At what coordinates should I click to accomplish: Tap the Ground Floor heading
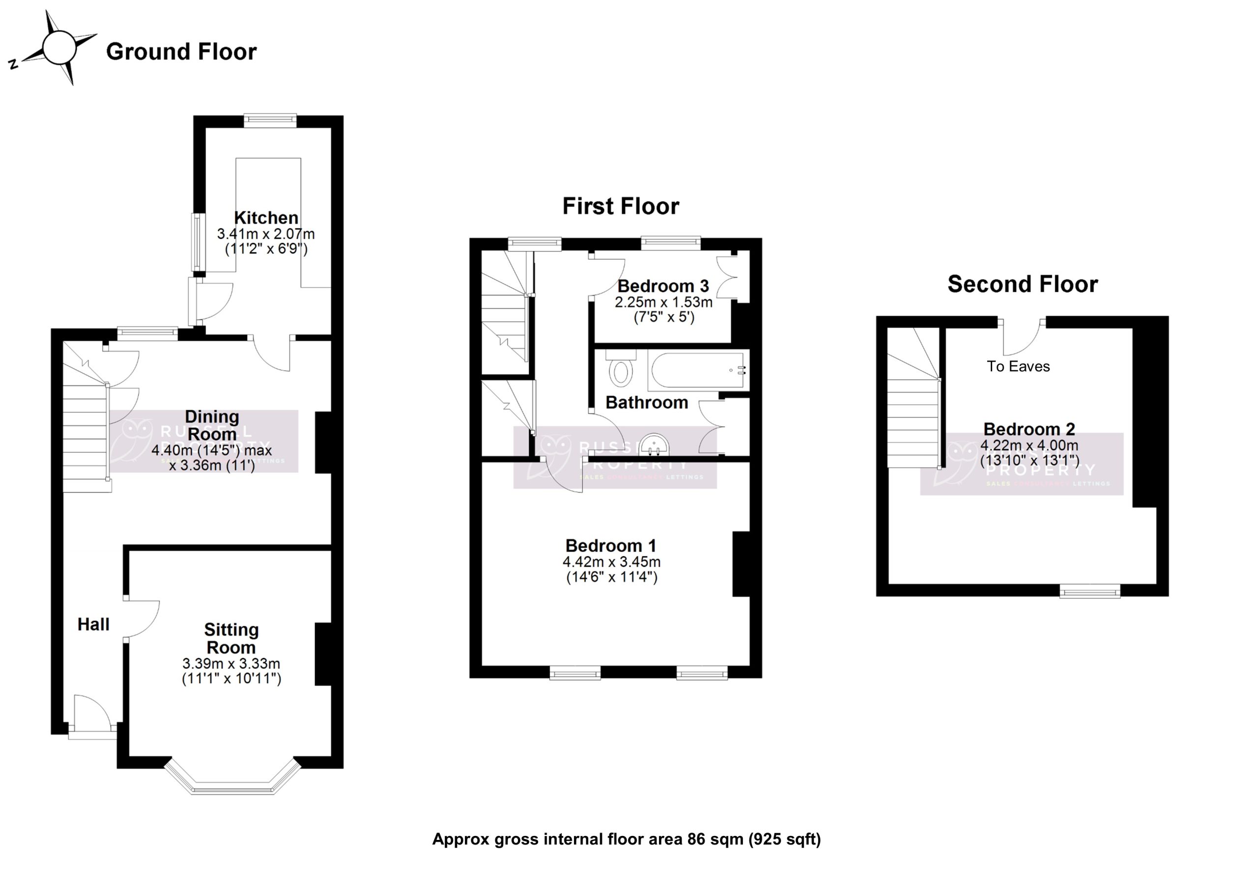click(x=181, y=52)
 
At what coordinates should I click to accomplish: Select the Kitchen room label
click(x=266, y=218)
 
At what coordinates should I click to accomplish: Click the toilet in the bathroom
click(x=620, y=370)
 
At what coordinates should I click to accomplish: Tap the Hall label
click(x=93, y=624)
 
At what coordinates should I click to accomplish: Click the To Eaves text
click(x=1018, y=366)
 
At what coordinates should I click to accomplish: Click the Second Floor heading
click(x=1023, y=284)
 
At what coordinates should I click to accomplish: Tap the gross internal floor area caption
click(x=626, y=839)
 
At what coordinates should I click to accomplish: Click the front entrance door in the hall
click(x=90, y=712)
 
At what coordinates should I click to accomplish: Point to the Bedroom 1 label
click(x=610, y=546)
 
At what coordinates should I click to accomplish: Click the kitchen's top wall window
click(x=270, y=120)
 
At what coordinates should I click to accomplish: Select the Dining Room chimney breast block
click(x=324, y=442)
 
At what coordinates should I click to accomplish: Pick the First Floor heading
click(x=620, y=206)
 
